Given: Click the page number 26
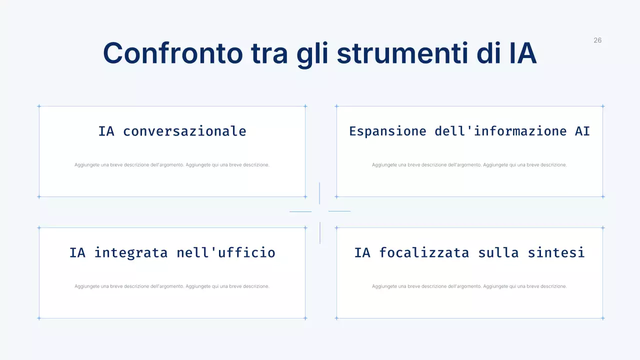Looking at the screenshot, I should [x=597, y=40].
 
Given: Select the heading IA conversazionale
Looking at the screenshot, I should [x=172, y=131].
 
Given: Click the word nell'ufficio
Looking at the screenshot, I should [x=226, y=252].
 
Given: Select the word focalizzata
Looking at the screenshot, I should [x=424, y=252].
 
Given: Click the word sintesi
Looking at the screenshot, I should [x=556, y=252].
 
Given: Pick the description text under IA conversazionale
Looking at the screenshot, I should [x=172, y=165].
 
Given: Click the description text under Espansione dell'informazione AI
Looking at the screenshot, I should [x=469, y=165].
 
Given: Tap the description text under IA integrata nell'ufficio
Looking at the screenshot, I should [x=172, y=286].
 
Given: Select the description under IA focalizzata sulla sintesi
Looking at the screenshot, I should [x=469, y=286].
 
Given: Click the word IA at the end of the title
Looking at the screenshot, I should [x=522, y=53].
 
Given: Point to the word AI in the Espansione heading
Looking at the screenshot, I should [x=582, y=131].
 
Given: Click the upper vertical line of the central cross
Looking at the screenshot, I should [x=319, y=193].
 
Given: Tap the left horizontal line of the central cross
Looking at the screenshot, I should [x=300, y=211].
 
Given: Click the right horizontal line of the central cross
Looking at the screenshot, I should [x=339, y=211].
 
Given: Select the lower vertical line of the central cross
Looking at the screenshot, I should [x=320, y=233].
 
